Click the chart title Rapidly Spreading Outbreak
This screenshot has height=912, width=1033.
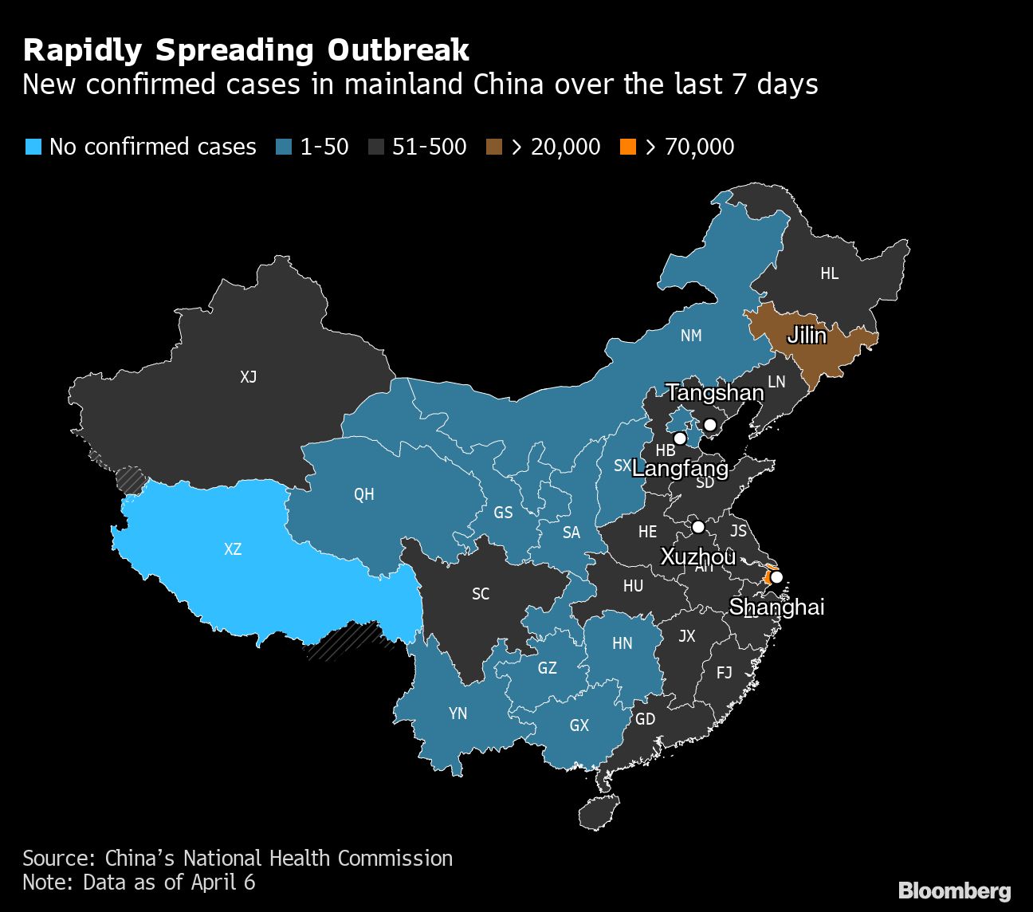coord(245,50)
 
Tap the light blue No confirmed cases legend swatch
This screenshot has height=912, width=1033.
coord(33,147)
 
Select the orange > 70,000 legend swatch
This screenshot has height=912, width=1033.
coord(628,147)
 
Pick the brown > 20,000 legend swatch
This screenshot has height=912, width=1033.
coord(494,147)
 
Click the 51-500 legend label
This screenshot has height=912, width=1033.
coord(429,147)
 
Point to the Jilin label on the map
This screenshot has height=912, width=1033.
coord(807,336)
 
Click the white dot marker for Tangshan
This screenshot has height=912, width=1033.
coord(710,424)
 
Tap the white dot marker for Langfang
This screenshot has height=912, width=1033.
coord(680,438)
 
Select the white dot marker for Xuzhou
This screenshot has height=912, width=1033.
coord(698,527)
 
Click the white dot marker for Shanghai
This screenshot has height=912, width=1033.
coord(776,577)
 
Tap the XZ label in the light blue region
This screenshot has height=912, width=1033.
coord(233,549)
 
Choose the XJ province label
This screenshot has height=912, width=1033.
coord(249,377)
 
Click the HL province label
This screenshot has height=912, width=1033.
coord(830,273)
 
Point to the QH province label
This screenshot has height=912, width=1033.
coord(364,494)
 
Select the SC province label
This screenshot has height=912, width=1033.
coord(481,594)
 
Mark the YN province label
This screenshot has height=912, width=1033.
coord(458,713)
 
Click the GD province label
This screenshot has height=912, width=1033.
coord(645,719)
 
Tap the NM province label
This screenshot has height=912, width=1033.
coord(691,336)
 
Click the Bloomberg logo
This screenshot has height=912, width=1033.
coord(954,890)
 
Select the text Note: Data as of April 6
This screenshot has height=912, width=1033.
coord(139,883)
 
